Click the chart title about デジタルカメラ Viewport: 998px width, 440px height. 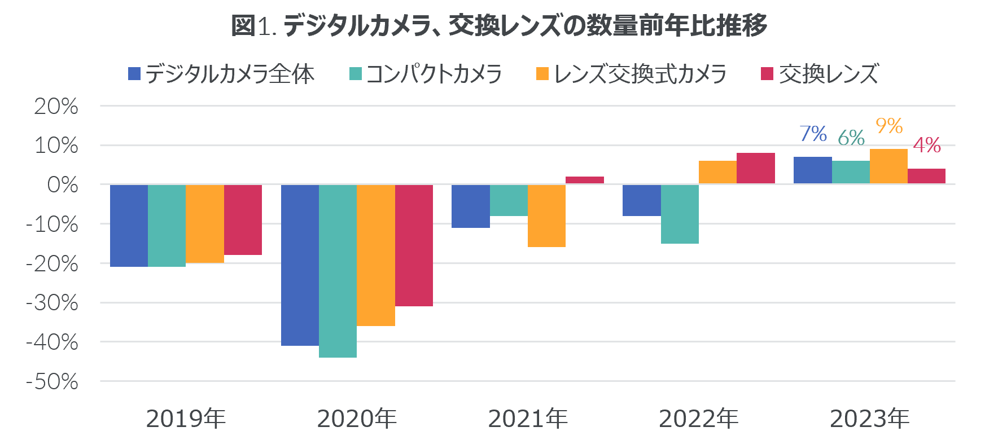499,25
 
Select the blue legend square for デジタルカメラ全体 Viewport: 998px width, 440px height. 134,74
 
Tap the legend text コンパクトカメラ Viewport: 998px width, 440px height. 434,74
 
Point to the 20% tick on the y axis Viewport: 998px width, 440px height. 56,106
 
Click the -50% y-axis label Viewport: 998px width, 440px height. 52,382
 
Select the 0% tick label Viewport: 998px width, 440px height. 63,185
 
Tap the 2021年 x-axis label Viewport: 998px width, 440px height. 528,419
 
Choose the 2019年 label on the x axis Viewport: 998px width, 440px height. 186,419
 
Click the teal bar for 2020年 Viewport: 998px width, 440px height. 338,271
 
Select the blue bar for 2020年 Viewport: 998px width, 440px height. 300,265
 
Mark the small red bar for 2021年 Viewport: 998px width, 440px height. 584,180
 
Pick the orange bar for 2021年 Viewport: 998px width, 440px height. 546,215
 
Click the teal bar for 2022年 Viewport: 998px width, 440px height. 680,214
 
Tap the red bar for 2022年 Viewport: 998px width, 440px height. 755,168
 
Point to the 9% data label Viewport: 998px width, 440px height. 889,125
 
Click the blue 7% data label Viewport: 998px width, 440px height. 813,134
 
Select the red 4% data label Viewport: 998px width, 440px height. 927,146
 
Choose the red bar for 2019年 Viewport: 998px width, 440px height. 243,220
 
